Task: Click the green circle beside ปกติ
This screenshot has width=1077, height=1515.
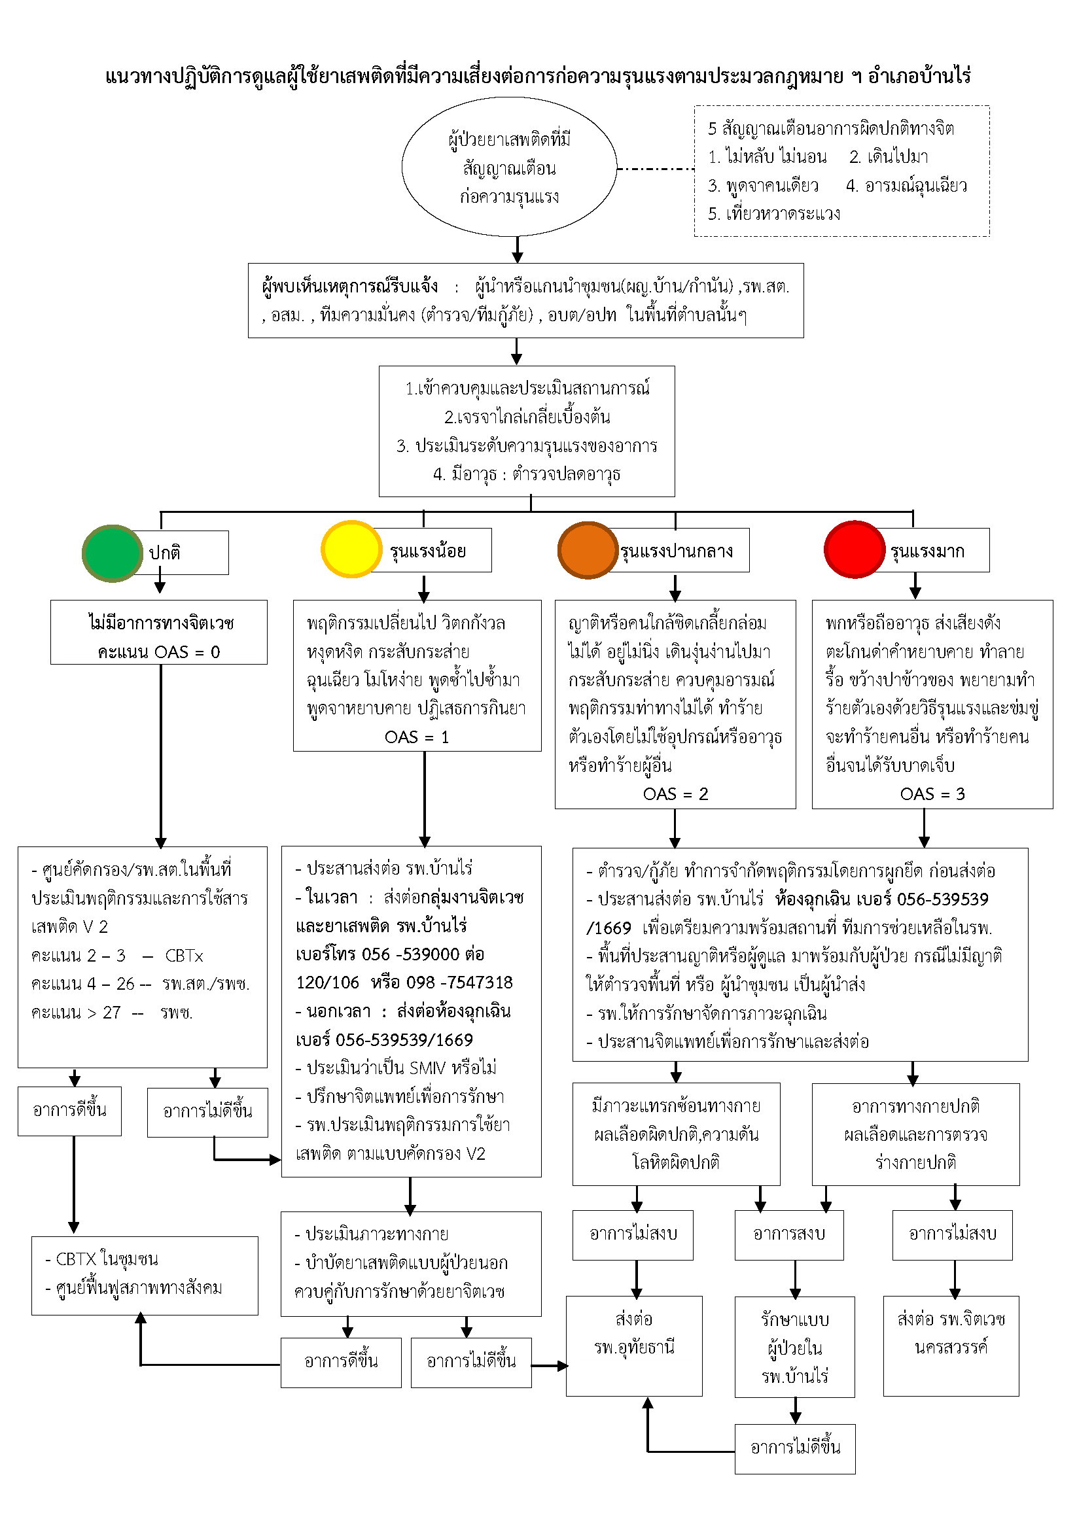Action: [112, 553]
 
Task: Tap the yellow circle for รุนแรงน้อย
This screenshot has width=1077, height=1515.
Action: [351, 549]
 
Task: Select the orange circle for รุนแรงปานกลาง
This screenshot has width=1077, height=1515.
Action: [588, 549]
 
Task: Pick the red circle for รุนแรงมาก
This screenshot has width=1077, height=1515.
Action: [854, 549]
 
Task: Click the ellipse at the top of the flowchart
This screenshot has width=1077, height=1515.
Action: [509, 167]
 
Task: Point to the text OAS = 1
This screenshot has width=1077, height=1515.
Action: [417, 737]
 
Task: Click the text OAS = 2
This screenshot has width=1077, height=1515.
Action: [675, 794]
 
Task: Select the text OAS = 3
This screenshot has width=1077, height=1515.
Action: [932, 794]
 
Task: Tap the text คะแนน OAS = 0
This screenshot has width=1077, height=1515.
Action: [158, 652]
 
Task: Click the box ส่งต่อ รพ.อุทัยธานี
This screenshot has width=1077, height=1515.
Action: [634, 1346]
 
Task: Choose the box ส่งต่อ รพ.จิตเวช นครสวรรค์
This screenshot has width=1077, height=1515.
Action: [951, 1346]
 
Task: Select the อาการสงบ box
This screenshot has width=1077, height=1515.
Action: [789, 1234]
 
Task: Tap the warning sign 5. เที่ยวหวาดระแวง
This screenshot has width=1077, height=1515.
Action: [774, 214]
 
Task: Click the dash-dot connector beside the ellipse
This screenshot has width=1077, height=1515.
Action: [655, 169]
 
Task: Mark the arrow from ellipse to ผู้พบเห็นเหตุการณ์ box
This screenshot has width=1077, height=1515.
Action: [518, 250]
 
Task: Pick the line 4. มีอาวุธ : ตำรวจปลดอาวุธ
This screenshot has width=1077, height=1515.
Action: [527, 475]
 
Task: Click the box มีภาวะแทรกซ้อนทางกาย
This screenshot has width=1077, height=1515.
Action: [676, 1134]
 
